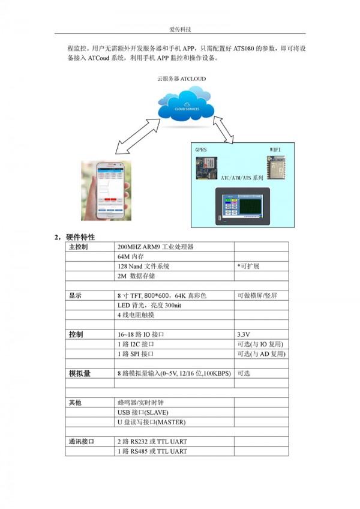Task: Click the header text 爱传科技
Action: click(x=180, y=29)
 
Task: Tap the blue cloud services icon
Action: click(x=186, y=104)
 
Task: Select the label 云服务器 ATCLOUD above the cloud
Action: click(x=181, y=79)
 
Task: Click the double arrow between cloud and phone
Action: click(x=138, y=136)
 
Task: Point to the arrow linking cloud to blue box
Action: click(x=223, y=130)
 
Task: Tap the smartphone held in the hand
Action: click(x=110, y=190)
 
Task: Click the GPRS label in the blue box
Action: click(x=201, y=149)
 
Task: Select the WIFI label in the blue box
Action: click(x=275, y=149)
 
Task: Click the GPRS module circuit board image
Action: click(x=206, y=168)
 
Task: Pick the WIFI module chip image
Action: click(x=276, y=167)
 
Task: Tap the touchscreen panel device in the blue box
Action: click(x=242, y=206)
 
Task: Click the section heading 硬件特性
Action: click(x=80, y=237)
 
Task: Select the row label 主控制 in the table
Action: click(x=78, y=247)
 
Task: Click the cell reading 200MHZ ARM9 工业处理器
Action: click(x=155, y=247)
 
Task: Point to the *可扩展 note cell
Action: click(x=248, y=266)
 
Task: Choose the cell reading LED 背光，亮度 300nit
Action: click(x=149, y=305)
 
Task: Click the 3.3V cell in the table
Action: click(x=244, y=334)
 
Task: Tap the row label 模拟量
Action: click(x=80, y=373)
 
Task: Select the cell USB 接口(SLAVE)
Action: click(x=143, y=412)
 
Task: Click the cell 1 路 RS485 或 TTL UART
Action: click(x=152, y=451)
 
